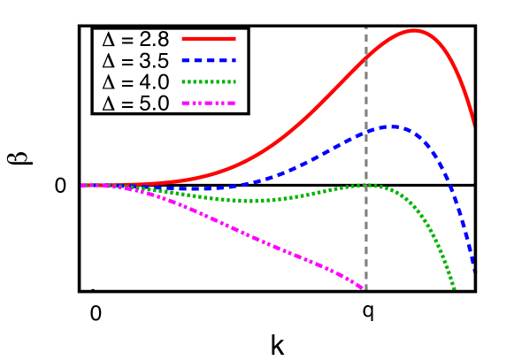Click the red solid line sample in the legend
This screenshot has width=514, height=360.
click(x=209, y=38)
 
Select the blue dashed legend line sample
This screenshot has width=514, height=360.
click(x=209, y=60)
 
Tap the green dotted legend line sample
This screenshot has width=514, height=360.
click(x=209, y=81)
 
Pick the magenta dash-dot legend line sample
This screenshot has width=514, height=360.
click(x=209, y=103)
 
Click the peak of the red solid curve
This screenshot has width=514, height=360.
click(x=414, y=30)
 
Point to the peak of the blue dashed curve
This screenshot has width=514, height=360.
click(x=392, y=126)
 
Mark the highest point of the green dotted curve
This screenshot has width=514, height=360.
click(x=364, y=185)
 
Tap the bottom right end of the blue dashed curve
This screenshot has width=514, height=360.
click(x=472, y=270)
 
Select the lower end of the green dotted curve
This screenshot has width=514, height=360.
click(x=453, y=287)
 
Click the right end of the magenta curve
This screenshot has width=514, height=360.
click(x=364, y=288)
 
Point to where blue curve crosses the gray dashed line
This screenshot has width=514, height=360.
click(x=365, y=133)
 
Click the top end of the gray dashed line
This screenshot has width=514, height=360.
click(x=365, y=28)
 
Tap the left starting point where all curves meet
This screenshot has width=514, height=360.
click(x=83, y=186)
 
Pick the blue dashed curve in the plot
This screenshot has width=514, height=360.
click(x=310, y=160)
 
